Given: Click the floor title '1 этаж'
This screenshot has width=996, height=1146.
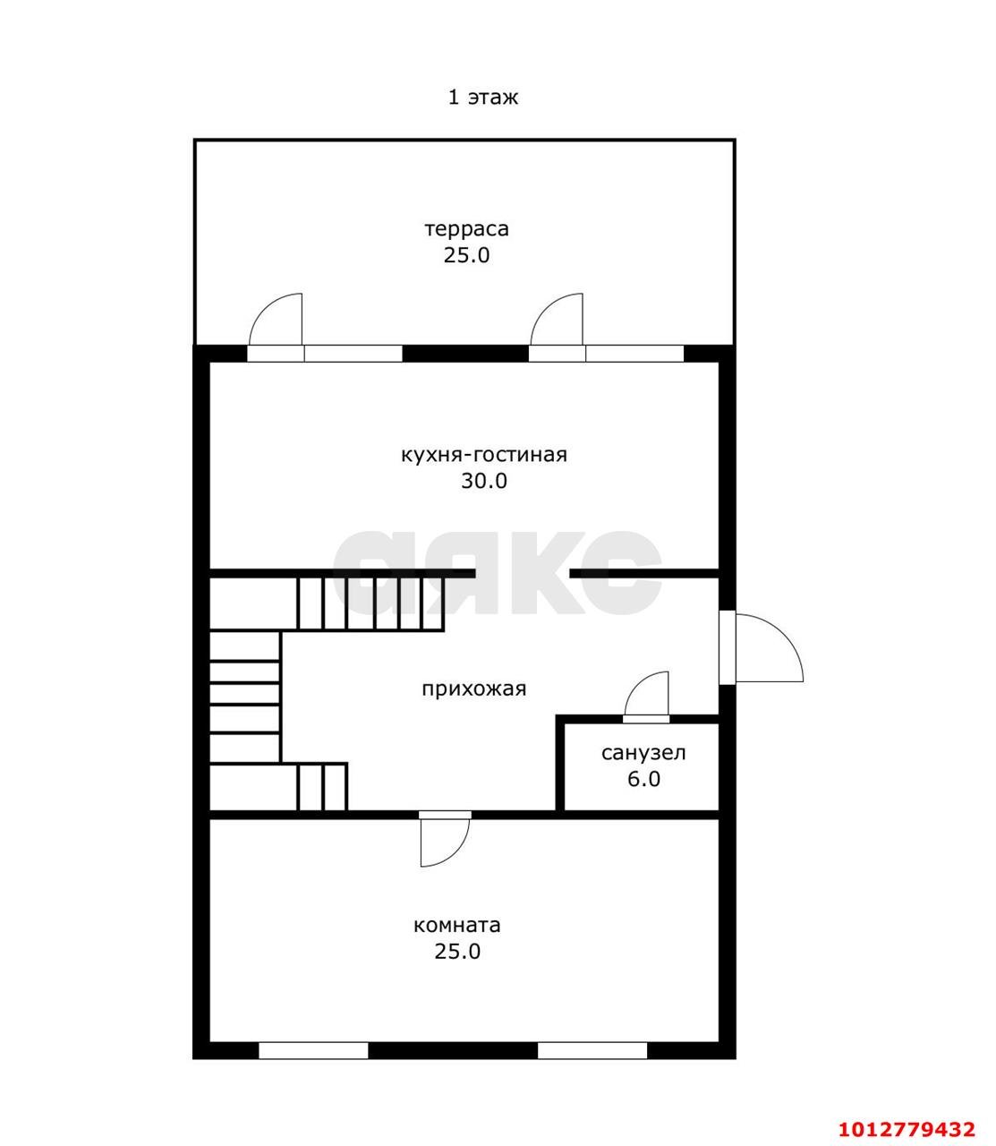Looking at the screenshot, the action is click(x=483, y=98).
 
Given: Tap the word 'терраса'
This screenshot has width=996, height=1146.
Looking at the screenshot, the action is click(x=466, y=229).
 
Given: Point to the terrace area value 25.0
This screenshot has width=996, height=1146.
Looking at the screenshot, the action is click(x=466, y=255).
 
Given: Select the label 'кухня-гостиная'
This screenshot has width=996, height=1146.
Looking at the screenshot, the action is click(x=484, y=455).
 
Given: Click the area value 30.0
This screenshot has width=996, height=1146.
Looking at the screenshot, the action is click(x=484, y=481).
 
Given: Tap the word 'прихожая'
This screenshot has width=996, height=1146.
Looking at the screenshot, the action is click(x=473, y=689).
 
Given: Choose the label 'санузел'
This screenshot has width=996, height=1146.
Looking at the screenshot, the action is click(x=643, y=753).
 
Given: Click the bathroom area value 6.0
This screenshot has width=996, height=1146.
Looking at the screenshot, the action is click(x=643, y=779).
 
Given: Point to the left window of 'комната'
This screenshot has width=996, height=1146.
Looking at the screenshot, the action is click(x=313, y=1051).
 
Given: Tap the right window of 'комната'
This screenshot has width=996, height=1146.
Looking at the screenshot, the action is click(x=592, y=1051).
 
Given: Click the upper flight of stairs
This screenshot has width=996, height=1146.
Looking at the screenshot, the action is click(x=370, y=603).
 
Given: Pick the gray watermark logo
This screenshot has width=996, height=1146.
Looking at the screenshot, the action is click(x=498, y=571).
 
